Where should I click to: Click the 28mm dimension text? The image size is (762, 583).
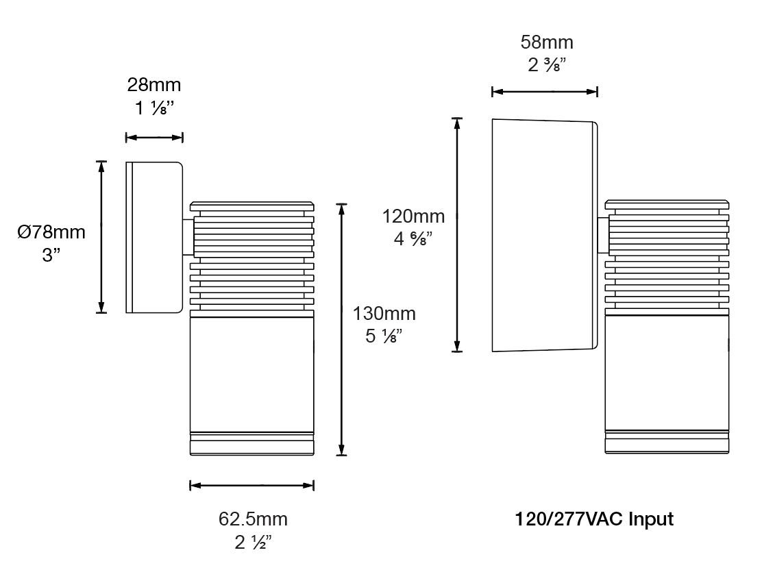click(154, 85)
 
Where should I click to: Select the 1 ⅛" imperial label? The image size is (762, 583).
click(154, 108)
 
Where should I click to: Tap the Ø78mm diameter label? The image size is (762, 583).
click(51, 232)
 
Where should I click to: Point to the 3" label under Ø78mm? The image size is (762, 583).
click(51, 255)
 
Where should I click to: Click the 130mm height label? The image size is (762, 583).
click(384, 313)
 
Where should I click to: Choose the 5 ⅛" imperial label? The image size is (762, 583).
click(384, 336)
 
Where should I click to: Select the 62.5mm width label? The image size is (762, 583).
click(253, 519)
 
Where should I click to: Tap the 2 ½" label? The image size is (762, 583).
click(253, 542)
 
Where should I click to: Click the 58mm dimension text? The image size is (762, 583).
click(547, 42)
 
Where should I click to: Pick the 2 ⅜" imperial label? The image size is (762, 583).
click(547, 64)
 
